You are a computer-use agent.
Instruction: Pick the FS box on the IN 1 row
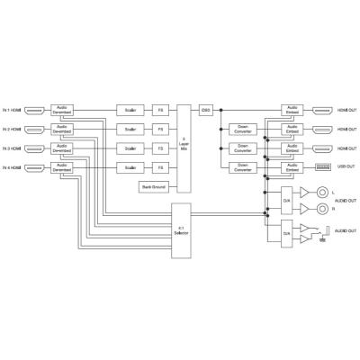click(x=160, y=111)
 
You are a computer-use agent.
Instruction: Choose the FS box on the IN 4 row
click(x=160, y=168)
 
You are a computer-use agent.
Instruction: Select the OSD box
click(x=206, y=111)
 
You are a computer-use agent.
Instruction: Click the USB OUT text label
click(x=346, y=167)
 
